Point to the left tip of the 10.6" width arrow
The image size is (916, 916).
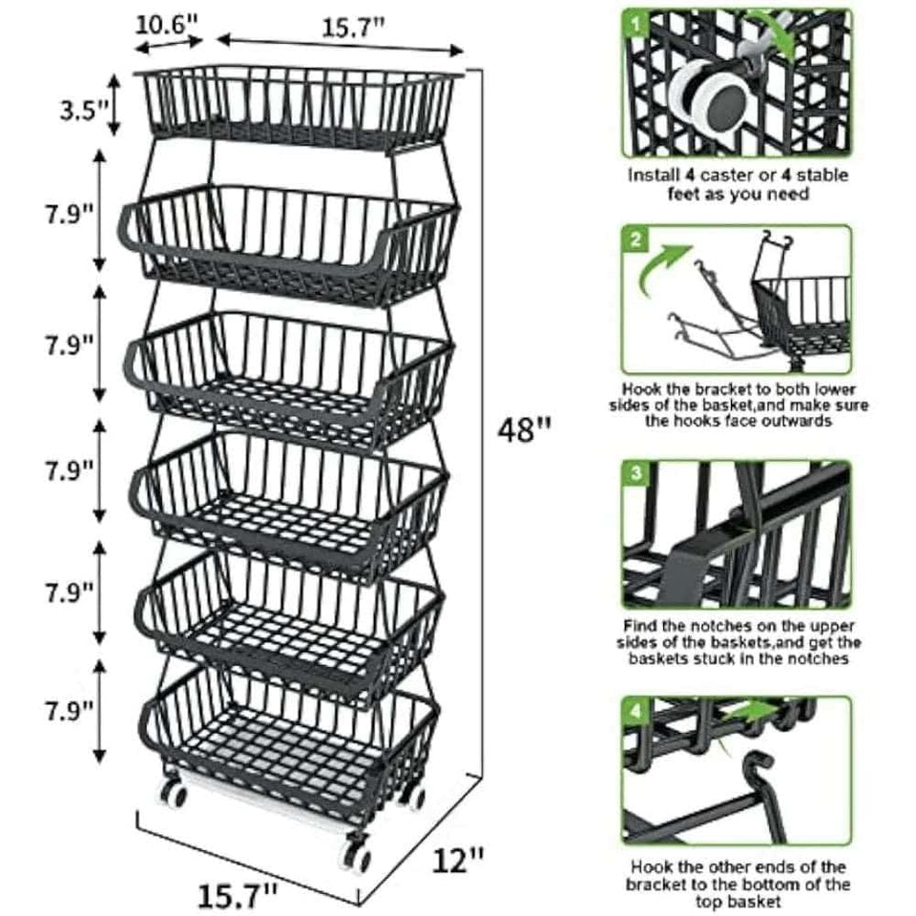coord(135,48)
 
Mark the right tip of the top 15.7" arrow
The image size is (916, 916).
coord(463,52)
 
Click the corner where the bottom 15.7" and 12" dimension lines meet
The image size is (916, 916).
coord(358,904)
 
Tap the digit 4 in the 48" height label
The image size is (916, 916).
coord(508,430)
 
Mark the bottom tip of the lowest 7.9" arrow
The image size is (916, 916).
coord(100,761)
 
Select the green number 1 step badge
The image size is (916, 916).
coord(635,24)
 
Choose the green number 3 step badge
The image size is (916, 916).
coord(635,473)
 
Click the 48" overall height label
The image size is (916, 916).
coord(524,430)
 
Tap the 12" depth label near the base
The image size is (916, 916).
coord(458,861)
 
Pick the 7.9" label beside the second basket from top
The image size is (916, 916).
coord(70,215)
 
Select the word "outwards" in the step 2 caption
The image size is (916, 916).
coord(796,421)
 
